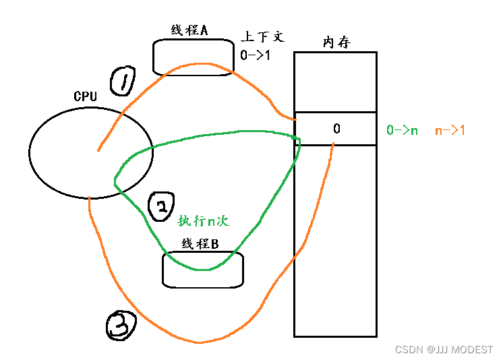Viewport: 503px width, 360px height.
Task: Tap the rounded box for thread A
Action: (193, 56)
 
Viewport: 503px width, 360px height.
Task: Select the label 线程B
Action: (199, 244)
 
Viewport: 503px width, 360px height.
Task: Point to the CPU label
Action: (85, 96)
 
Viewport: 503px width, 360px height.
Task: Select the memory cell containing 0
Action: (335, 129)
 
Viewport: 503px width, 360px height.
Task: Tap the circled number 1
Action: (123, 83)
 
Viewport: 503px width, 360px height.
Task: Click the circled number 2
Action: (162, 208)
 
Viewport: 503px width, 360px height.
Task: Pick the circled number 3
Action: (121, 326)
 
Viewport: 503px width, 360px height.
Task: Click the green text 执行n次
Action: (204, 221)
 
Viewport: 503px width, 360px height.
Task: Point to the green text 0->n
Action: (402, 130)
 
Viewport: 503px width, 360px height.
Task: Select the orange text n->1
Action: (450, 130)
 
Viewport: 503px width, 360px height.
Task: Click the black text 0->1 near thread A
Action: (255, 55)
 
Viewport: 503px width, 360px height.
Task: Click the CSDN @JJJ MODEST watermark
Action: (444, 350)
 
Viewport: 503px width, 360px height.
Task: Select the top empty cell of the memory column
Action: (335, 82)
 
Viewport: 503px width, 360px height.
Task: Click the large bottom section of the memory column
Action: (335, 243)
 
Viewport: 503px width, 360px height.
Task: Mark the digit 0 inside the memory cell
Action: (336, 129)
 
